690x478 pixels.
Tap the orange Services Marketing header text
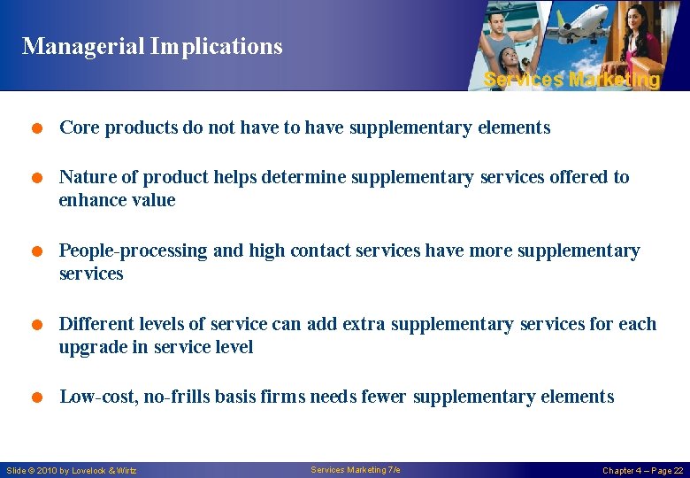pyautogui.click(x=571, y=80)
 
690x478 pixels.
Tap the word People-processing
pyautogui.click(x=134, y=251)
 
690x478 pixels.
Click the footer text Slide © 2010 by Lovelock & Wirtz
pyautogui.click(x=72, y=470)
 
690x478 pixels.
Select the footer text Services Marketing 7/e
pyautogui.click(x=356, y=469)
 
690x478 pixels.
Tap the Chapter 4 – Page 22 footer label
pyautogui.click(x=642, y=470)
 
